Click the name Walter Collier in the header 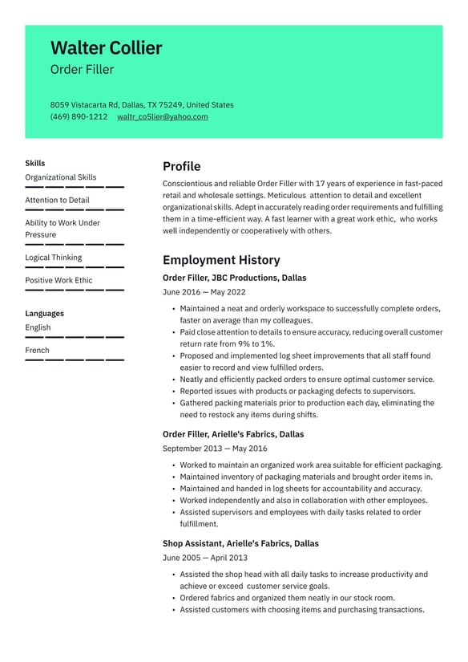(106, 48)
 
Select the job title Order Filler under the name (82, 70)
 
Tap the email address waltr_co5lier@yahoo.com (163, 116)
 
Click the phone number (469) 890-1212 (79, 116)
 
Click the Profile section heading (181, 167)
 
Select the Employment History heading (221, 260)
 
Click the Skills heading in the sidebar (35, 163)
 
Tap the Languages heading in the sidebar (44, 313)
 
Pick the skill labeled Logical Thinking (53, 258)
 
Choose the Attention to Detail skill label (57, 200)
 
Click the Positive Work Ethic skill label (58, 280)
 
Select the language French (37, 350)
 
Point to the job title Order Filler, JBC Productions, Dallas (234, 278)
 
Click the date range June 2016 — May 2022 (204, 292)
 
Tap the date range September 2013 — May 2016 (215, 449)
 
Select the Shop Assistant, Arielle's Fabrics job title (240, 543)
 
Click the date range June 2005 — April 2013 (204, 558)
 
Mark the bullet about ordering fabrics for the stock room (287, 598)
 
